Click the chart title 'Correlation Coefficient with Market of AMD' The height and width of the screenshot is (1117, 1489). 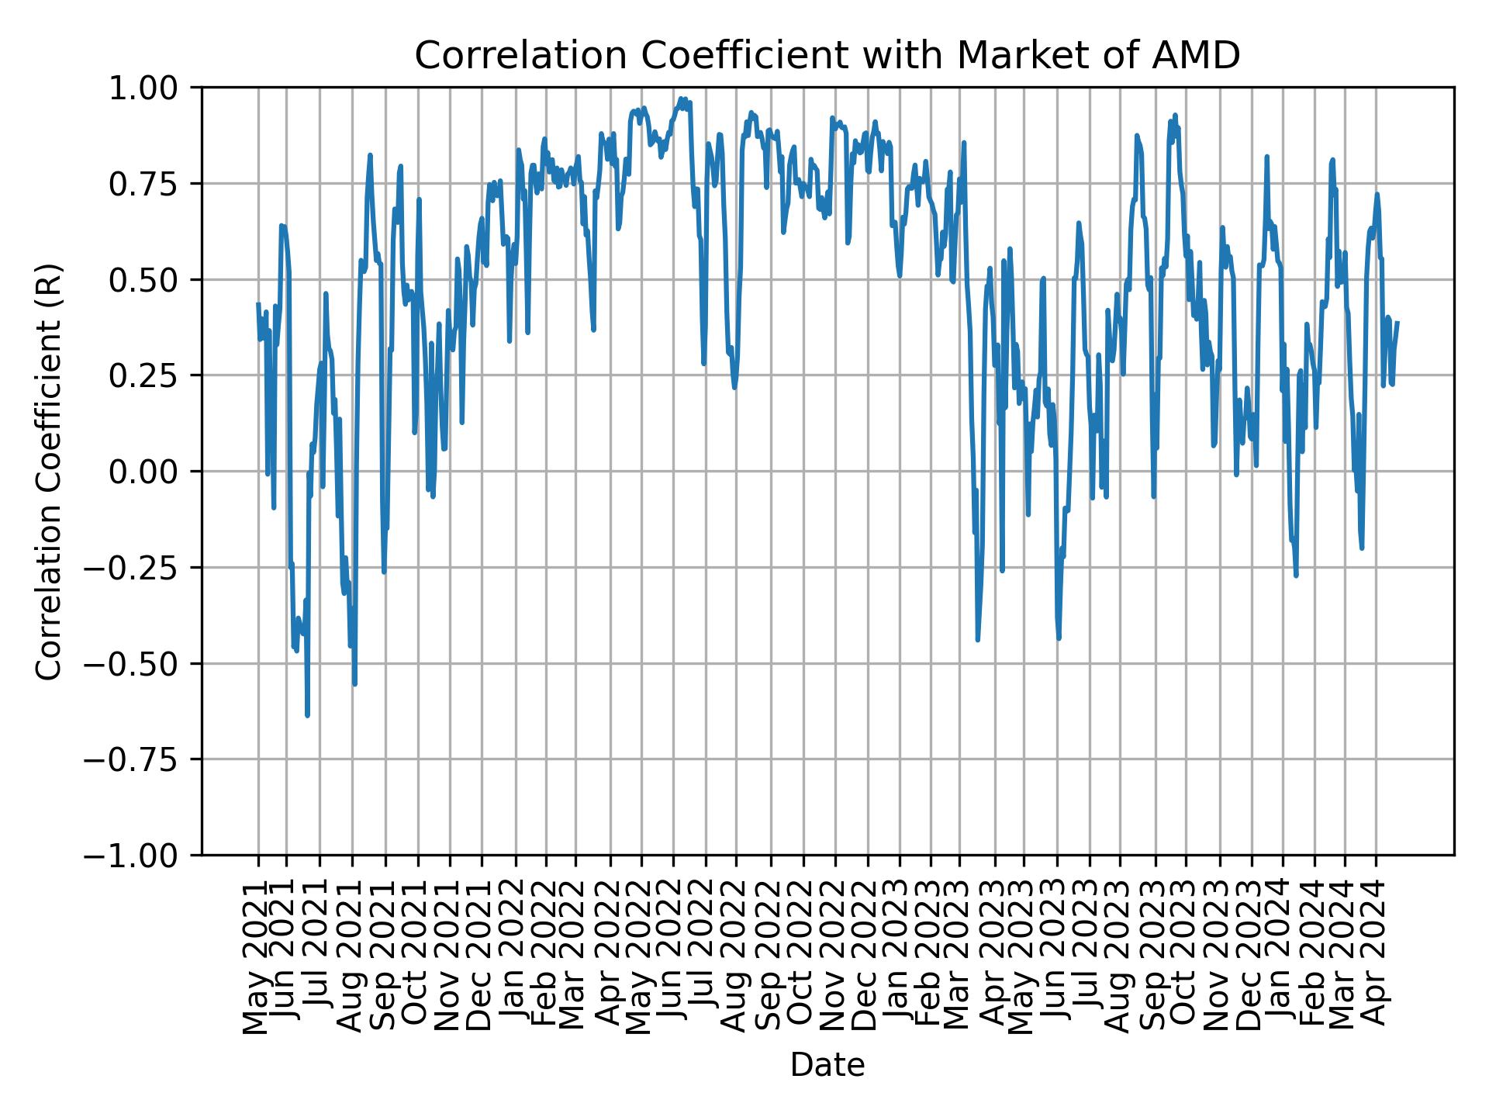point(827,56)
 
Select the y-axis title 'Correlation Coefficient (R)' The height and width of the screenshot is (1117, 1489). point(49,471)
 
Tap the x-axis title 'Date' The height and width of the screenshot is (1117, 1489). point(827,1066)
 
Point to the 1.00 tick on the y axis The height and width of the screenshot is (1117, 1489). point(154,88)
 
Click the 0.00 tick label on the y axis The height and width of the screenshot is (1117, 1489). point(154,472)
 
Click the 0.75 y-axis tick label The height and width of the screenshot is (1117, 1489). point(154,184)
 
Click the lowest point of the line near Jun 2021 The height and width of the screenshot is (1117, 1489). point(307,715)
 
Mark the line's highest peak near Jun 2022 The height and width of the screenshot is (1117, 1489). point(681,99)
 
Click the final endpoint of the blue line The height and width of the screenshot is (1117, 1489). point(1397,323)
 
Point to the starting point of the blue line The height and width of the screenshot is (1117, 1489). point(258,304)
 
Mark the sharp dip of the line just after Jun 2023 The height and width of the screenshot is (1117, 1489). point(1059,638)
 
